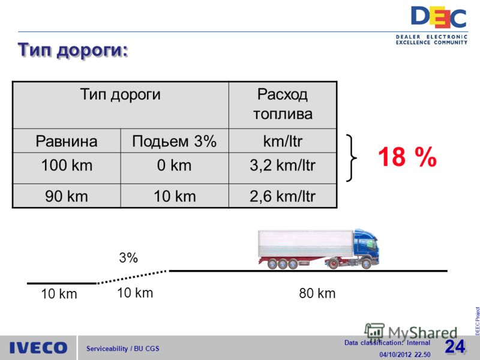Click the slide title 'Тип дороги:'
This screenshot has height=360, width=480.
pos(73,50)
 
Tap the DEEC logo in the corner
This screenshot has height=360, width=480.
pos(438,26)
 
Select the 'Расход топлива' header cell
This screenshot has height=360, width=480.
pos(283,104)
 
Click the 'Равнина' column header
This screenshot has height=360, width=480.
pos(67,141)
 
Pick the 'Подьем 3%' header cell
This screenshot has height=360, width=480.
pos(175,141)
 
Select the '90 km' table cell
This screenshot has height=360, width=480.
pos(67,196)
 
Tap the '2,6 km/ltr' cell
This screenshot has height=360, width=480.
pos(283,196)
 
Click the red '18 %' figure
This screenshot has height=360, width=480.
pos(407,157)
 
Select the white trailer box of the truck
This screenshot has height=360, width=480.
pos(306,243)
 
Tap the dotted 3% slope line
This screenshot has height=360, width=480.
pos(132,277)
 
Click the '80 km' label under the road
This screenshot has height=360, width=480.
pos(317,293)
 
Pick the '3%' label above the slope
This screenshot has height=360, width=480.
pos(128,258)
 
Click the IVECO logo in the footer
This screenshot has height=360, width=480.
pos(38,348)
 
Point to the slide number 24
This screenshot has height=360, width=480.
pos(455,347)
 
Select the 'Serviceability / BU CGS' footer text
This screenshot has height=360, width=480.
pos(123,349)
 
